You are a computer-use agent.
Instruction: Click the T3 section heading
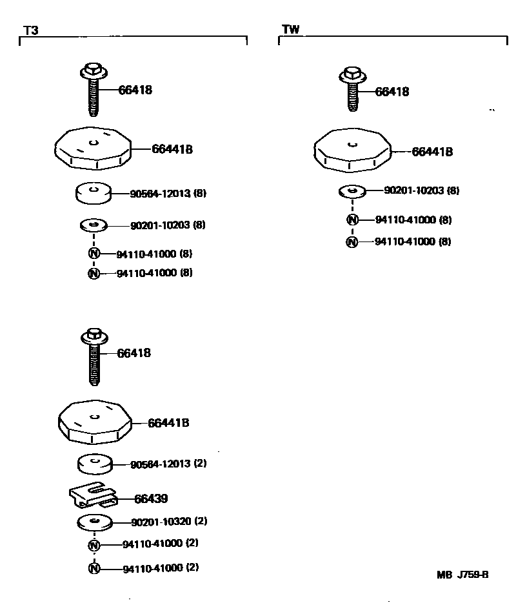[31, 30]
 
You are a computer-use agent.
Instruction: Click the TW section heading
[291, 29]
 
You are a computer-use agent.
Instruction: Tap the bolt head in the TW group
[352, 74]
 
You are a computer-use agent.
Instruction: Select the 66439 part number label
[151, 498]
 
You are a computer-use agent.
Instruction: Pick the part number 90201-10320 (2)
[169, 521]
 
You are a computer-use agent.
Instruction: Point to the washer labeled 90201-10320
[95, 522]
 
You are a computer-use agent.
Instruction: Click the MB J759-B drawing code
[462, 575]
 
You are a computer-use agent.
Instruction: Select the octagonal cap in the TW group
[352, 151]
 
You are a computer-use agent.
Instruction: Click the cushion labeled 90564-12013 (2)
[95, 464]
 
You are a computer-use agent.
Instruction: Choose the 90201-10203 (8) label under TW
[422, 190]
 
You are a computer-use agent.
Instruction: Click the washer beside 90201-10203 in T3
[94, 225]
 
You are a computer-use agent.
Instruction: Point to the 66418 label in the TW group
[392, 92]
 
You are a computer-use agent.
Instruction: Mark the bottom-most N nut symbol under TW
[352, 242]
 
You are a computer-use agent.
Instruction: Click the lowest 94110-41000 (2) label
[160, 568]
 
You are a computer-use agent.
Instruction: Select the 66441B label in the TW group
[432, 152]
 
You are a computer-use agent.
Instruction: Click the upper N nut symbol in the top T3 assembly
[94, 253]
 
